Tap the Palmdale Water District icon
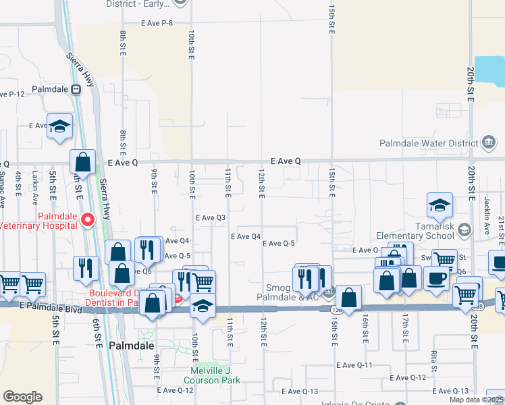[x=487, y=142]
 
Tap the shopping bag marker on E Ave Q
[x=83, y=163]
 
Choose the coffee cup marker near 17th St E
[x=436, y=277]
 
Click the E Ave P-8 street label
[x=157, y=23]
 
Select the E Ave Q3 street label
[x=210, y=218]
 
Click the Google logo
[x=22, y=396]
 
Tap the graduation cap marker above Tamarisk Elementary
[x=440, y=205]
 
